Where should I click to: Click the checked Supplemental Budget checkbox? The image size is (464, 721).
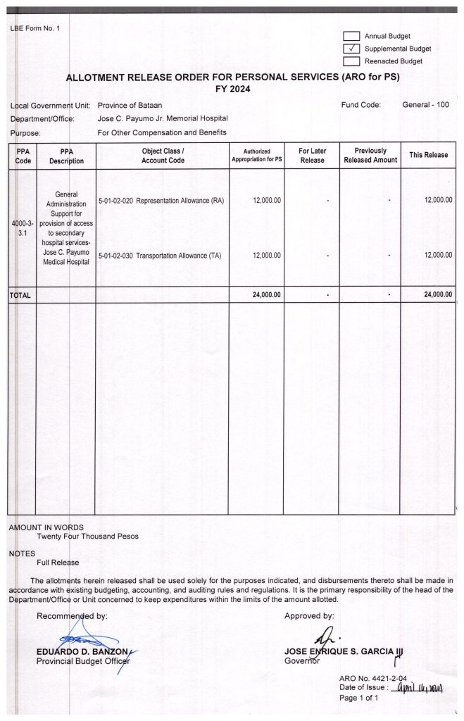click(x=351, y=49)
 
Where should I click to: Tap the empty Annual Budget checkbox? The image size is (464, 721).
click(x=351, y=36)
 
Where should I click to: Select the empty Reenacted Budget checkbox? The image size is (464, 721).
click(x=351, y=61)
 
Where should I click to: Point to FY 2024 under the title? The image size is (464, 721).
click(x=232, y=89)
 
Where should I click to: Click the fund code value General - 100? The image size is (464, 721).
click(x=425, y=105)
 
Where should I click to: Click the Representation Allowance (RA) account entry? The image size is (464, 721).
click(x=161, y=201)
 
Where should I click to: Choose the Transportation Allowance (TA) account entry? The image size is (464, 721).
click(x=160, y=256)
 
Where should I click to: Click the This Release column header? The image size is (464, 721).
click(x=428, y=155)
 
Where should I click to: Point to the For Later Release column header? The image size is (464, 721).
click(x=312, y=156)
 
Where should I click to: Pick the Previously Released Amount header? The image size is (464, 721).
click(x=370, y=156)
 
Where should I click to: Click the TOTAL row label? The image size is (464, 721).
click(x=20, y=296)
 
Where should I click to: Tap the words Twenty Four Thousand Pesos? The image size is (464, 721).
click(x=87, y=536)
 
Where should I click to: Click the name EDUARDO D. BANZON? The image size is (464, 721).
click(x=78, y=651)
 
